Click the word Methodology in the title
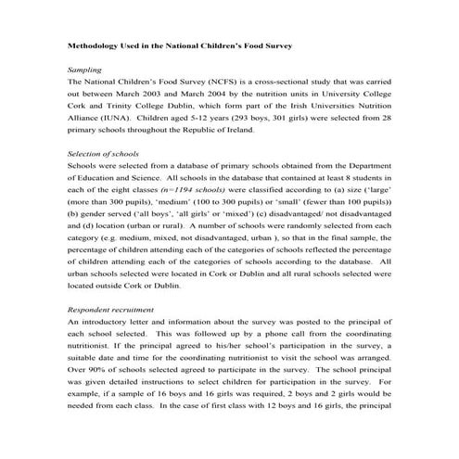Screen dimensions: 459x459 [96, 45]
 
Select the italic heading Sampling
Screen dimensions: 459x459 [85, 70]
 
